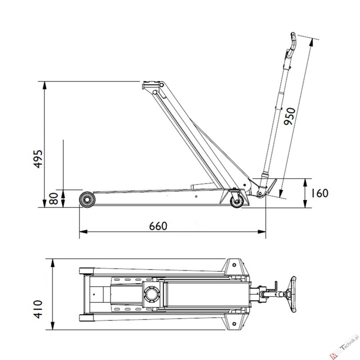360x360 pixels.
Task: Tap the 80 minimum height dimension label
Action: (x=54, y=199)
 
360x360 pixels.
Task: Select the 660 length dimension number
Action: (x=158, y=226)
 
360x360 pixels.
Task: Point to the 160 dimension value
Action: (x=319, y=193)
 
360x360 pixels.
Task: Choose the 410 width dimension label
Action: (x=38, y=309)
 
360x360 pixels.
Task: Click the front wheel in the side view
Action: (x=87, y=199)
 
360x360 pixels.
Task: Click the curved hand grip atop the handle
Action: (x=293, y=44)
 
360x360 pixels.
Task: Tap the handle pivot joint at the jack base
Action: (x=259, y=193)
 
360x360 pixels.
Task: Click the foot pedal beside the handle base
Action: (x=271, y=187)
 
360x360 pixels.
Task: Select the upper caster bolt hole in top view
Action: (x=234, y=265)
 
